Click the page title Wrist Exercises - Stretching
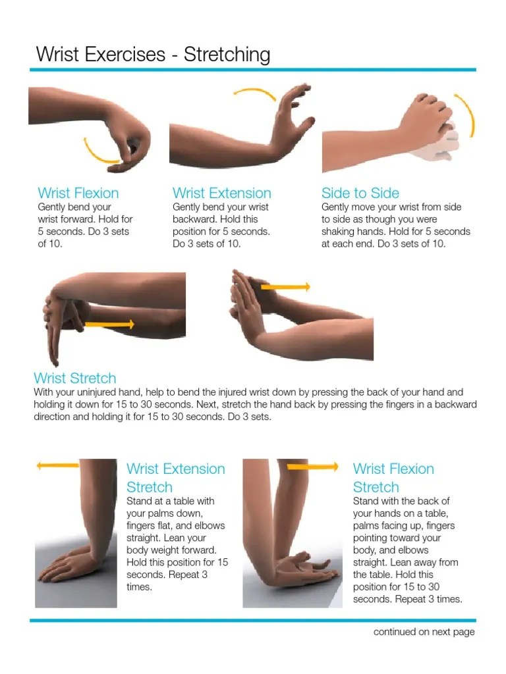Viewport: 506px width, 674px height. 153,54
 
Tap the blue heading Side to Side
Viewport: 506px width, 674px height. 360,193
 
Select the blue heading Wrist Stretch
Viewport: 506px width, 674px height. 74,378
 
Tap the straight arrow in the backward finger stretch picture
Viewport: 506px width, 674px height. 285,287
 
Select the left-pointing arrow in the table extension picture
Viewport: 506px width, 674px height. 58,465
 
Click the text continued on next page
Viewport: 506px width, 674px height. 424,632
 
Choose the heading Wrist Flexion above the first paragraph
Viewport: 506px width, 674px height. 78,193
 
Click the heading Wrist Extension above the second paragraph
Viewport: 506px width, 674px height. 221,193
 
